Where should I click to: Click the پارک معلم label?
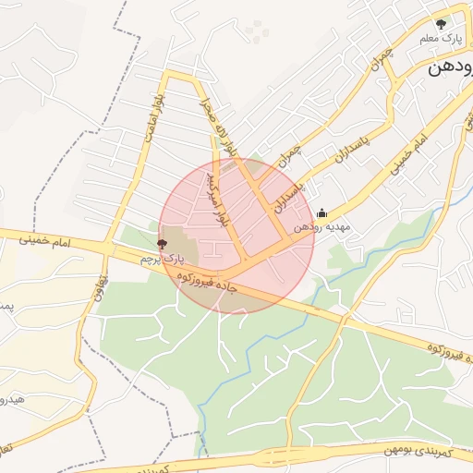[x=440, y=39]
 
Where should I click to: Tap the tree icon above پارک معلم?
[x=442, y=23]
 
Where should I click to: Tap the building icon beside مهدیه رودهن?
[x=321, y=213]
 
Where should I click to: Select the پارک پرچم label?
[x=157, y=260]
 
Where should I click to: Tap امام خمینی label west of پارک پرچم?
[x=44, y=239]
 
